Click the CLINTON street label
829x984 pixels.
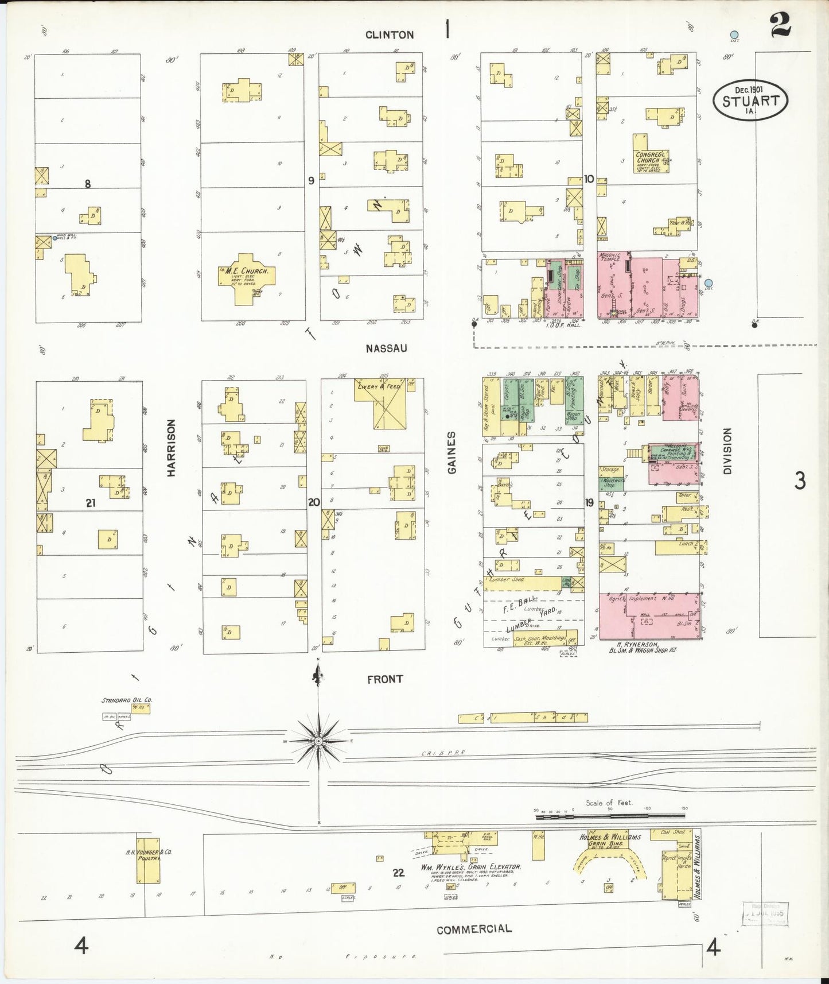click(390, 35)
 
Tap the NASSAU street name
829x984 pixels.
click(386, 348)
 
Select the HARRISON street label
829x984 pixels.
click(171, 448)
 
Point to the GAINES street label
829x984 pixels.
click(452, 452)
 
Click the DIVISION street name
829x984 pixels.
click(727, 451)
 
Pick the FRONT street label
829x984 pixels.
click(384, 679)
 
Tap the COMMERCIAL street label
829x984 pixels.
click(474, 929)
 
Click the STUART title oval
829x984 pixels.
click(750, 101)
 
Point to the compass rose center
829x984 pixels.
click(318, 741)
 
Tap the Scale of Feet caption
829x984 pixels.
click(609, 803)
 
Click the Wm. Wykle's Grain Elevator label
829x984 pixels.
click(470, 867)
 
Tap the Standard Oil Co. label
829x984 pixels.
click(127, 700)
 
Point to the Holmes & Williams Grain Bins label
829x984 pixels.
click(610, 840)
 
